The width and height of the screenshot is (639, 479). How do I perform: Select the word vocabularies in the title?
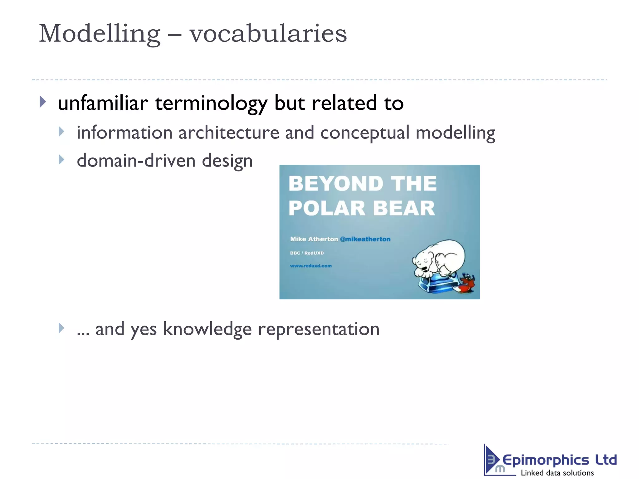point(268,34)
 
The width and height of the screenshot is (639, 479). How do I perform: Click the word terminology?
point(211,104)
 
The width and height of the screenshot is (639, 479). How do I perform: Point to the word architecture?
point(229,133)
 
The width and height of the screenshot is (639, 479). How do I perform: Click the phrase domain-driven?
point(136,161)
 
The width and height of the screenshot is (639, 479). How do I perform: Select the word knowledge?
point(207,329)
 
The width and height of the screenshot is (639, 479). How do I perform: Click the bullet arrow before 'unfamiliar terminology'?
point(43,102)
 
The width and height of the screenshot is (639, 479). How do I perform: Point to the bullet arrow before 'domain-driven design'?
point(61,160)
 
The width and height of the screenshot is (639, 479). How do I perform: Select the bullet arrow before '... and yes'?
point(61,328)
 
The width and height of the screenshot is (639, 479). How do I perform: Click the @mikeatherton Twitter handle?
point(365,239)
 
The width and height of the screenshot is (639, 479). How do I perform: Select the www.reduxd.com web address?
point(311,266)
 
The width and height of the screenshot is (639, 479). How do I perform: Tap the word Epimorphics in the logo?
point(545,460)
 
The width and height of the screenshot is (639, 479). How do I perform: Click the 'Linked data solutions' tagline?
point(557,473)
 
